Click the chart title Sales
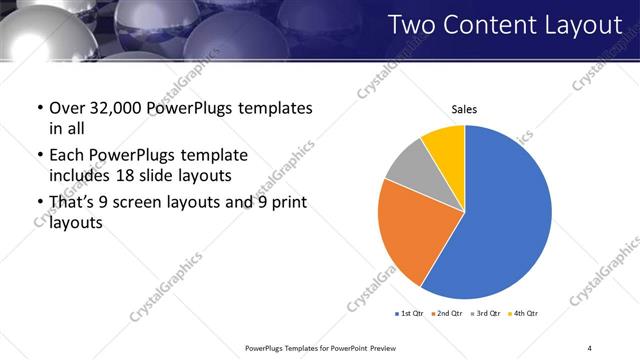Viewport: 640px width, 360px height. [464, 109]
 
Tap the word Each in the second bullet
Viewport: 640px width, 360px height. [67, 155]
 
